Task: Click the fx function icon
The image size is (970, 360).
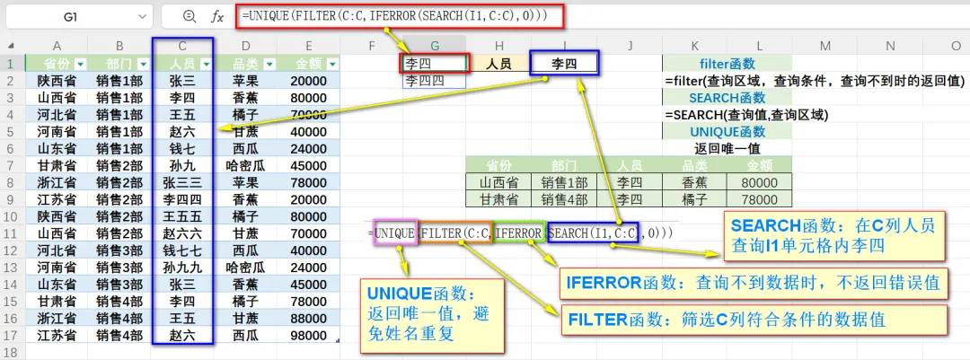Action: [x=216, y=16]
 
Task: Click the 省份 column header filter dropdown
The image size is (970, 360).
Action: [x=80, y=64]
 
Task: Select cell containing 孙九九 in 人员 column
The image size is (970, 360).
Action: [x=182, y=267]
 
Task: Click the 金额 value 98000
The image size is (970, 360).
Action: [x=308, y=335]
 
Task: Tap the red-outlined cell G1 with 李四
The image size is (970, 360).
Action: [x=435, y=63]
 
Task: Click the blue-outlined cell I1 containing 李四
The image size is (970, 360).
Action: [x=563, y=63]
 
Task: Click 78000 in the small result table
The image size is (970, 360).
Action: [x=760, y=199]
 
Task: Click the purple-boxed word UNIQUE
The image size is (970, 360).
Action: [x=395, y=233]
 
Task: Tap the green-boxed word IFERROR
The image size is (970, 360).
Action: [x=520, y=233]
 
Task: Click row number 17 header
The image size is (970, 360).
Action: [x=12, y=335]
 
